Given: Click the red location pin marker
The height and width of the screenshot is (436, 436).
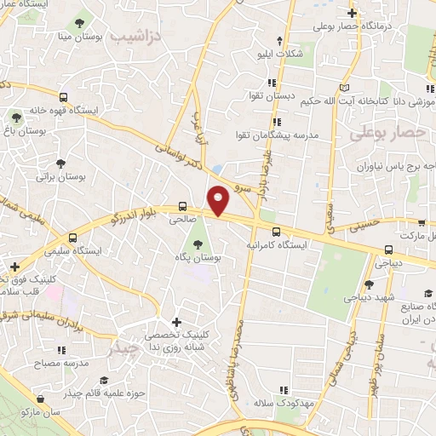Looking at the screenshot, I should point(219,199).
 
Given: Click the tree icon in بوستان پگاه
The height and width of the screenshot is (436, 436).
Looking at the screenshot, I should point(198,244).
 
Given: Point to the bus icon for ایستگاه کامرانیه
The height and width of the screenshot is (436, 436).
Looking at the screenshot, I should point(274,231).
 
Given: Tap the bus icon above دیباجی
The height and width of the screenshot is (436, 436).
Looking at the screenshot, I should point(388,250).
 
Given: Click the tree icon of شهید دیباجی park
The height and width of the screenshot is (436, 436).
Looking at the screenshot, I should point(368,284).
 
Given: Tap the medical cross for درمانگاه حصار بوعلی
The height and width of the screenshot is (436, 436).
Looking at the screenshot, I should point(353,12).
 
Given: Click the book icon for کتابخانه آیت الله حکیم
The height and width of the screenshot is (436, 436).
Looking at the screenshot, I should point(344,88).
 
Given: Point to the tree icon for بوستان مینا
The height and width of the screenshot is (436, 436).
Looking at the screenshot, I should point(79,22).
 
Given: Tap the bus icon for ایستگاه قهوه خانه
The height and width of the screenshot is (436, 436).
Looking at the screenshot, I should point(64,97).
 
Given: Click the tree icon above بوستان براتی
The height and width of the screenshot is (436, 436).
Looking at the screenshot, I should point(60,163).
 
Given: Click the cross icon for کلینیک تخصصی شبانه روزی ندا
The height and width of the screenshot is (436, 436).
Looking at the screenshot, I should point(176,322).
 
